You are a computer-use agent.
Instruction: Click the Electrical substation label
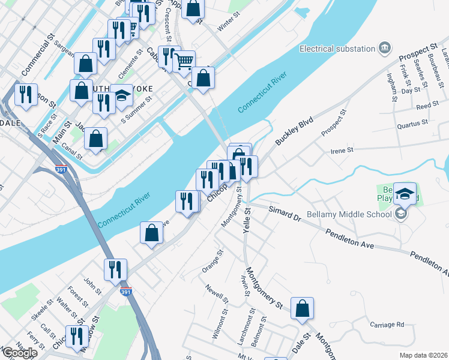[337, 49]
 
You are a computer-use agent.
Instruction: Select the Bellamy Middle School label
[349, 214]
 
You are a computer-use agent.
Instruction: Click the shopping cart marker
[184, 61]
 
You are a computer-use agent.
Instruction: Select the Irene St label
[343, 151]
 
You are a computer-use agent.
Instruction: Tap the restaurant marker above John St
[115, 269]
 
